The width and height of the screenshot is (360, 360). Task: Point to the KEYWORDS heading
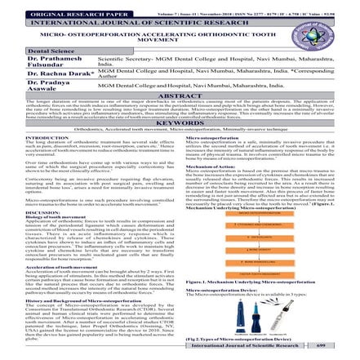[180, 122]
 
